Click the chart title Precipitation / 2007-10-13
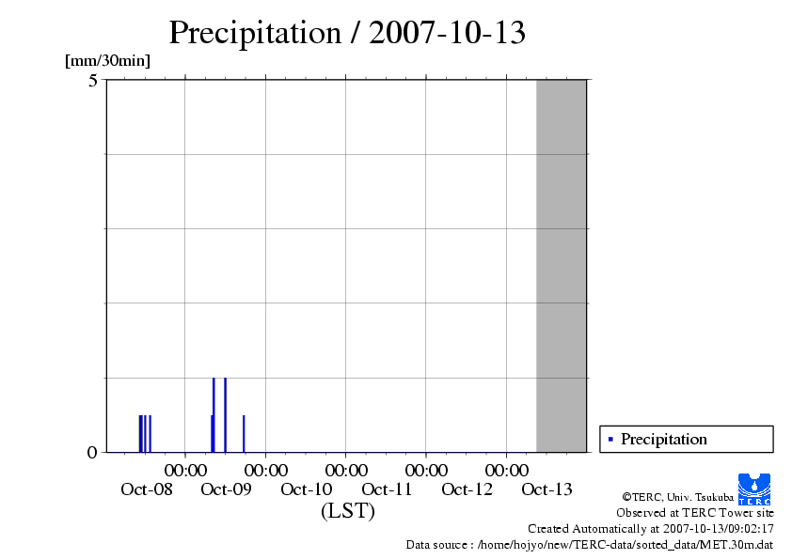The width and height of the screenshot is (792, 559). (347, 33)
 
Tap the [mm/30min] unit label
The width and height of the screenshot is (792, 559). (107, 61)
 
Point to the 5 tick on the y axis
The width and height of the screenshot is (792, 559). (93, 81)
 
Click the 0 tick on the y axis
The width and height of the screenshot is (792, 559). (92, 453)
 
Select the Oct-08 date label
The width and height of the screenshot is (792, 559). (147, 489)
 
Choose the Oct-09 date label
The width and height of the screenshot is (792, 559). (227, 489)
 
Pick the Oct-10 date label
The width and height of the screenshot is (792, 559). (307, 489)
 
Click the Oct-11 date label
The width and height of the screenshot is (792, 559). (387, 489)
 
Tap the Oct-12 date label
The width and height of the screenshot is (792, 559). (467, 489)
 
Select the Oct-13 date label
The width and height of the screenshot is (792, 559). (546, 489)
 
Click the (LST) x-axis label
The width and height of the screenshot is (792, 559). (347, 511)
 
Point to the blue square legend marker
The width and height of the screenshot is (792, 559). (610, 439)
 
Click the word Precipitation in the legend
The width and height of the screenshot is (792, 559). (664, 439)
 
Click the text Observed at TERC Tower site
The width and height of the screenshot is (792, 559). (695, 513)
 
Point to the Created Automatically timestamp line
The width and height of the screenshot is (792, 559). (651, 528)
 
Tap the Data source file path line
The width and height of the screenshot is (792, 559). (590, 544)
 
